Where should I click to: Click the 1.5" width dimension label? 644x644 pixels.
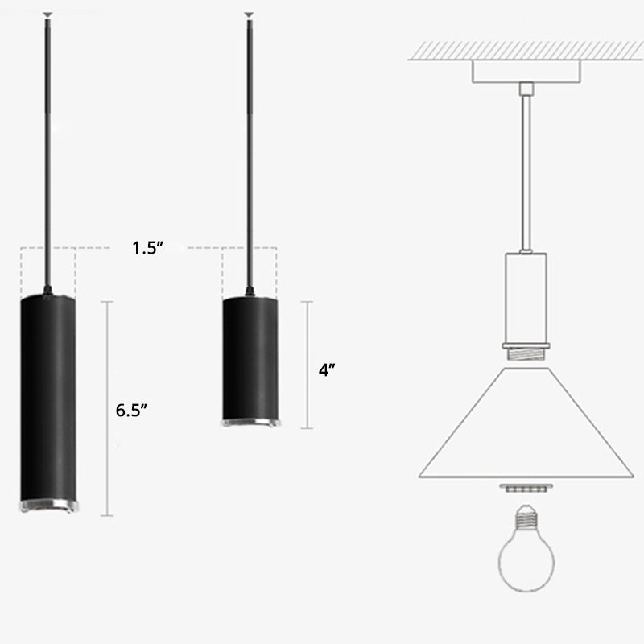pos(148,248)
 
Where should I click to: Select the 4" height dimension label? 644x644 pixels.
pos(327,371)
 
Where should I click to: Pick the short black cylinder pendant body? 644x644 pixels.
pos(250,358)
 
